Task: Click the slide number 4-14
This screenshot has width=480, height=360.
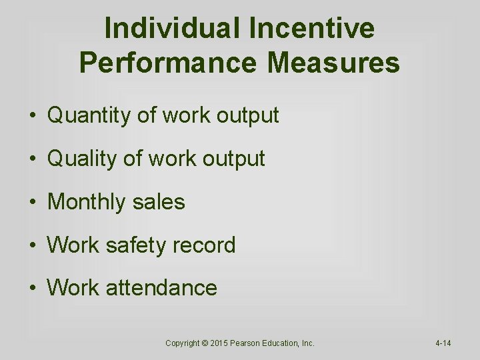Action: (x=443, y=343)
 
